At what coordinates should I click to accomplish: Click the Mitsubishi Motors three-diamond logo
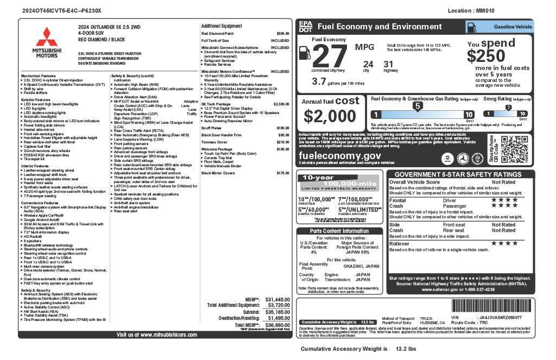(47, 37)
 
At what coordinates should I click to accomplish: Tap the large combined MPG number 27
(330, 56)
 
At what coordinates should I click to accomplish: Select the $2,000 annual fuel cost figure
(330, 116)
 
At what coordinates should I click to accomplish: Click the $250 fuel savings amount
(486, 56)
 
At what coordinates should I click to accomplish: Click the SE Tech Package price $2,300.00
(281, 104)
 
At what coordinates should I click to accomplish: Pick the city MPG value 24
(368, 64)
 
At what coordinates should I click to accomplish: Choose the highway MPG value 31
(388, 64)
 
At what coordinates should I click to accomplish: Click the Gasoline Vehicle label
(513, 27)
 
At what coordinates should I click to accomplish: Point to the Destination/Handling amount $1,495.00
(279, 318)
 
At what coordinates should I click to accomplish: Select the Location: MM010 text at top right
(471, 10)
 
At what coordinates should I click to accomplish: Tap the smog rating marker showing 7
(508, 108)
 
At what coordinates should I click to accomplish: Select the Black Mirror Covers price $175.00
(283, 173)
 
